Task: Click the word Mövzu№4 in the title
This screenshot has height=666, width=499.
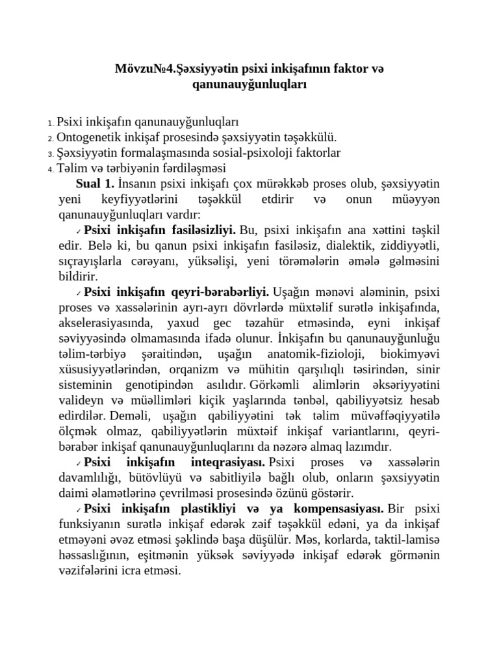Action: pyautogui.click(x=140, y=68)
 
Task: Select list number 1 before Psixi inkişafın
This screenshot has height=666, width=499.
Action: pyautogui.click(x=51, y=123)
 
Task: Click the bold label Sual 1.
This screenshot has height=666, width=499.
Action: pyautogui.click(x=95, y=183)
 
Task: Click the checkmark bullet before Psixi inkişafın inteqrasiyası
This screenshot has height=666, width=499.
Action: pyautogui.click(x=78, y=463)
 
